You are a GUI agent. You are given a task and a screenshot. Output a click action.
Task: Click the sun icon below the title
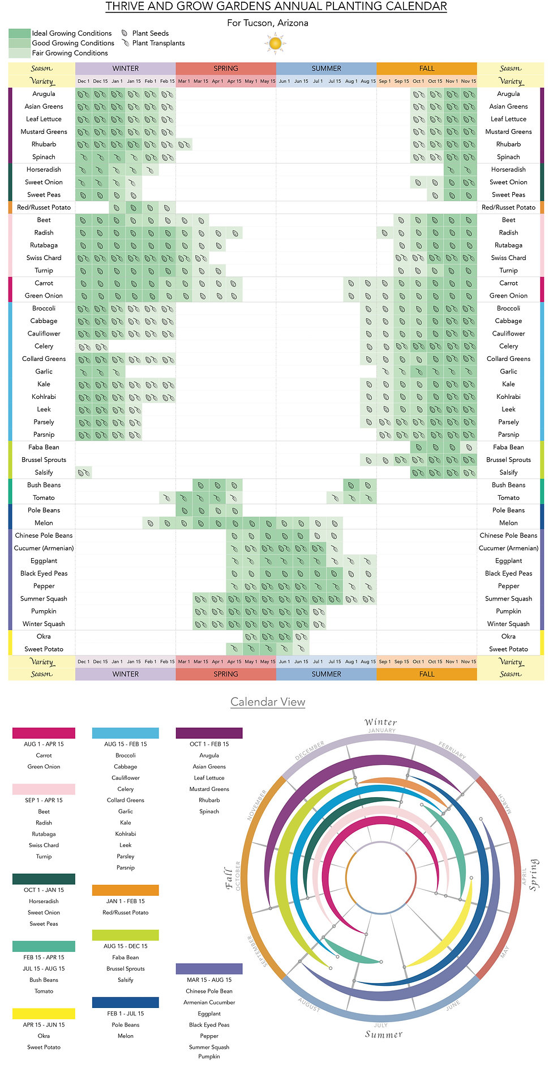pos(275,43)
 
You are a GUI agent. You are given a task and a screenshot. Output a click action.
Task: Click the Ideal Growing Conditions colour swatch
pos(19,33)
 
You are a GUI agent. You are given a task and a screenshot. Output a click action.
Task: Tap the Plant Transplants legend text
pos(158,43)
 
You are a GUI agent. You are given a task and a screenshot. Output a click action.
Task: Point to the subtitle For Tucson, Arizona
pos(268,23)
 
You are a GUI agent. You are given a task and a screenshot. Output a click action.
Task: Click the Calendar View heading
pos(268,701)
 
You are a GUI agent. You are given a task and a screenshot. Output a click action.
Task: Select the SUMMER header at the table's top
pos(326,69)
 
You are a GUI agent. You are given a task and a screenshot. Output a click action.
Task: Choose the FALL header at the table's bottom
pos(427,674)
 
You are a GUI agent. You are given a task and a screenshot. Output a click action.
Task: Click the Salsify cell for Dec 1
pos(84,473)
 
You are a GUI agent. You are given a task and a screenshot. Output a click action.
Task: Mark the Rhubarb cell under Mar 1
pos(184,144)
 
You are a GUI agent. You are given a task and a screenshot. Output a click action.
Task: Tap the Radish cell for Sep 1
pos(385,233)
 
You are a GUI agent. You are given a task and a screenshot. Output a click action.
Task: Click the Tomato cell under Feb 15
pos(167,498)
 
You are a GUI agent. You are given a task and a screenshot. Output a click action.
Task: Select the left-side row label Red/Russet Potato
pos(44,207)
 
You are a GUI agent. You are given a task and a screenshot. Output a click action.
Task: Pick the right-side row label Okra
pos(508,636)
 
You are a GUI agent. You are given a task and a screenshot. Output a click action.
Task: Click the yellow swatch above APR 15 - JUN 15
pos(44,1014)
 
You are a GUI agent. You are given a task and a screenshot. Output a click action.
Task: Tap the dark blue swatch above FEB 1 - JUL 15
pos(125,1002)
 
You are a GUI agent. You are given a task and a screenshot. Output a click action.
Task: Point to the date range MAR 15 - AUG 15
pos(209,980)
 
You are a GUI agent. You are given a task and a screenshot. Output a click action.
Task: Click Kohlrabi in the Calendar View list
pos(125,834)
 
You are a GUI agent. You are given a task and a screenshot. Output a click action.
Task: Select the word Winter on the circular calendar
pos(380,722)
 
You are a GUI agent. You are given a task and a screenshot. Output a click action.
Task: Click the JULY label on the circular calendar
pos(380,1025)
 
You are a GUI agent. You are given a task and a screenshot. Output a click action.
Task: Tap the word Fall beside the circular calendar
pos(229,878)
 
